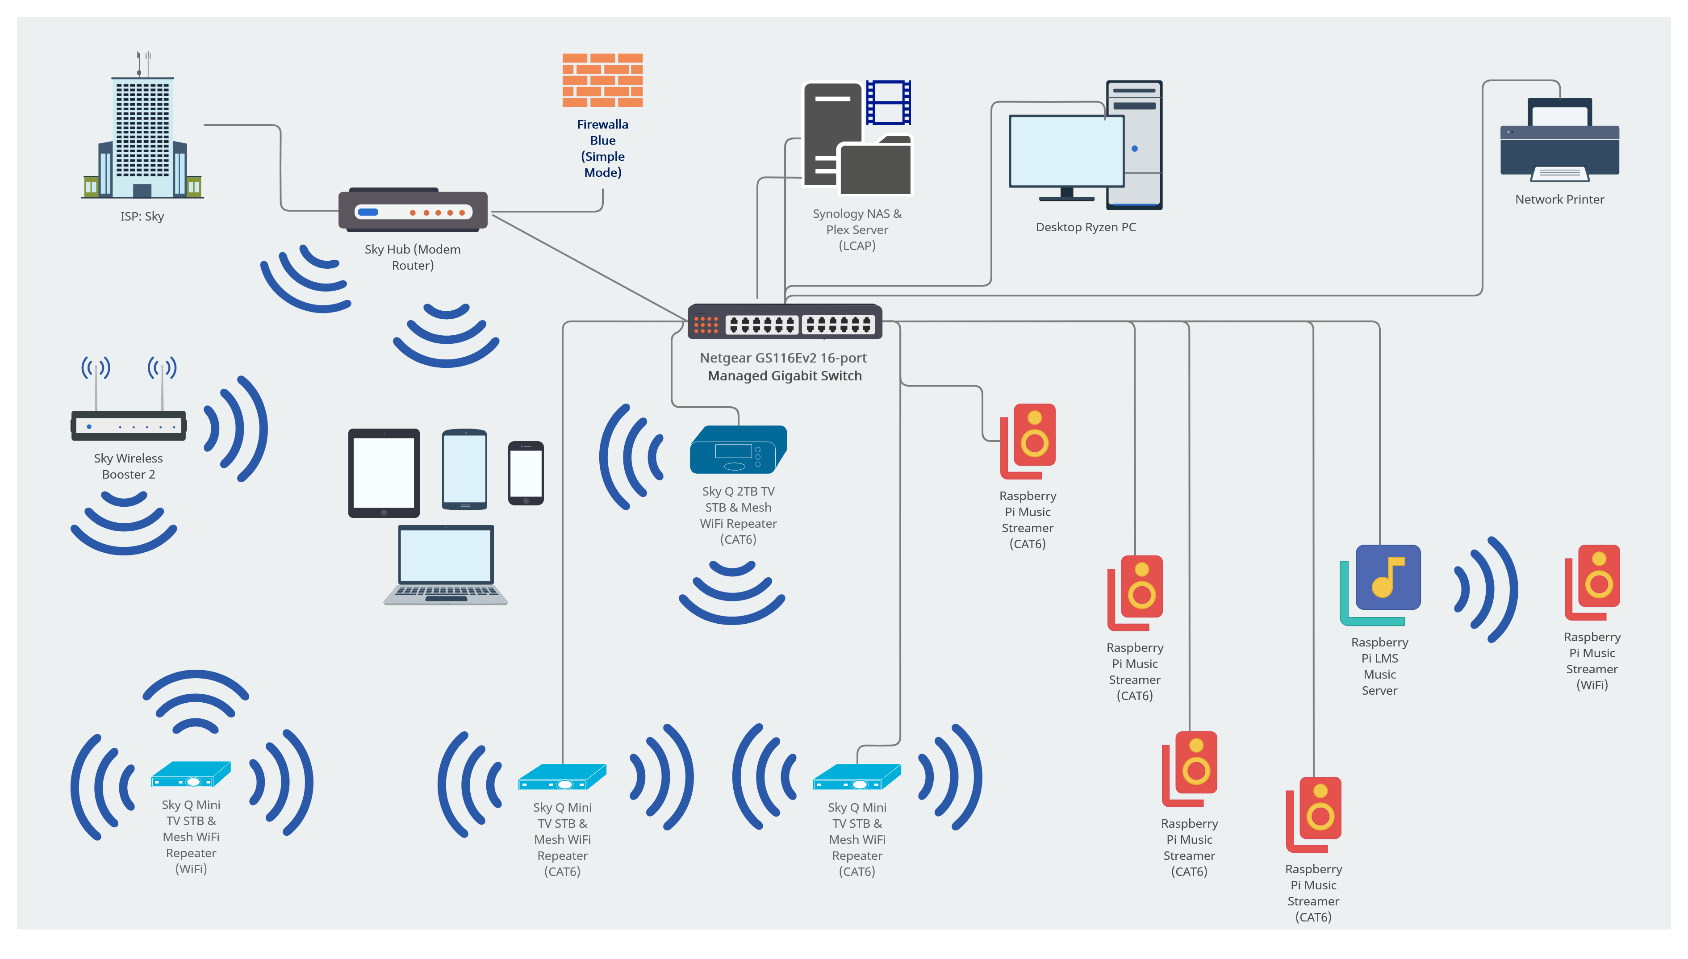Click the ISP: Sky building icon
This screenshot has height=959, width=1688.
pos(142,132)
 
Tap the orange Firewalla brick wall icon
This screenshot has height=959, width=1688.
pos(602,80)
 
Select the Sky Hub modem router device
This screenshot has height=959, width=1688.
pos(413,211)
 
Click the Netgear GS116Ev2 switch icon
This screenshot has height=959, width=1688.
pos(785,322)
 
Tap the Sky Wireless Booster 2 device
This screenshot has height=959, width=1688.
pos(129,425)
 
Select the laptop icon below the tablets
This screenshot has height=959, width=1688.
pos(446,565)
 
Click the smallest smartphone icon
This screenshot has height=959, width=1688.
pos(526,473)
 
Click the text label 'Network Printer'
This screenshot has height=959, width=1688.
pos(1559,200)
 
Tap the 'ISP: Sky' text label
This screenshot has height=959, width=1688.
pos(142,217)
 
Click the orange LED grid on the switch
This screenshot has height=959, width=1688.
pos(706,324)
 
